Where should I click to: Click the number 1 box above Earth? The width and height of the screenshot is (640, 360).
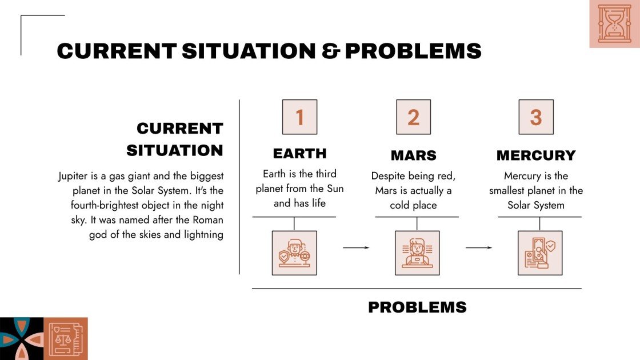tap(299, 117)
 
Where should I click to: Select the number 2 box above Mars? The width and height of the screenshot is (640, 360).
tap(414, 117)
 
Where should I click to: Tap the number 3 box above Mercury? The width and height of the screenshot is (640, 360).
tap(536, 117)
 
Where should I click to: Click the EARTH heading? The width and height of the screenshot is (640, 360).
tap(299, 154)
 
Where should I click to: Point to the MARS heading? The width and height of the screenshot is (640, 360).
tap(414, 155)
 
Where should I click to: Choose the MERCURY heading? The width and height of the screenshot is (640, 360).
tap(536, 155)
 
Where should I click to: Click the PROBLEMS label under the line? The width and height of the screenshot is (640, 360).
tap(417, 307)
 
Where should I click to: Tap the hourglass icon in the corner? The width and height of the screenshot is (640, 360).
tap(615, 23)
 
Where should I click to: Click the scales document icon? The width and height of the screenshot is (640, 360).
tap(66, 339)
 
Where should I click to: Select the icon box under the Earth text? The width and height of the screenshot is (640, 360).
tap(294, 253)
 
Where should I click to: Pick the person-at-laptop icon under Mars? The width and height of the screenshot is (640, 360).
tap(417, 253)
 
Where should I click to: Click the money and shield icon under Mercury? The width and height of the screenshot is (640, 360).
tap(540, 253)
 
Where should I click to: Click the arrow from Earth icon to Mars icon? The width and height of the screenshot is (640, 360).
tap(356, 248)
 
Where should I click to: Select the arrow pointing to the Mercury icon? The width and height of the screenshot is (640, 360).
tap(479, 248)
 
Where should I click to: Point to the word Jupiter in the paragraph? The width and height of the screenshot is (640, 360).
tap(73, 177)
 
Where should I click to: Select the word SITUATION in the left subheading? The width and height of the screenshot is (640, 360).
tap(175, 151)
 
